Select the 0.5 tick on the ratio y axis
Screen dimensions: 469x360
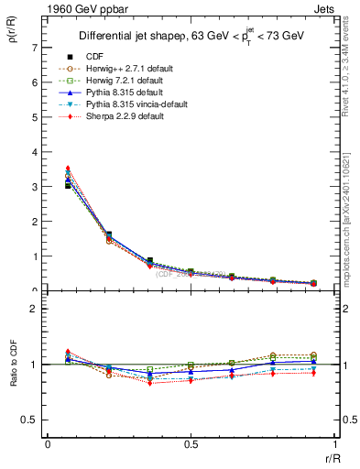pyautogui.click(x=32, y=420)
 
